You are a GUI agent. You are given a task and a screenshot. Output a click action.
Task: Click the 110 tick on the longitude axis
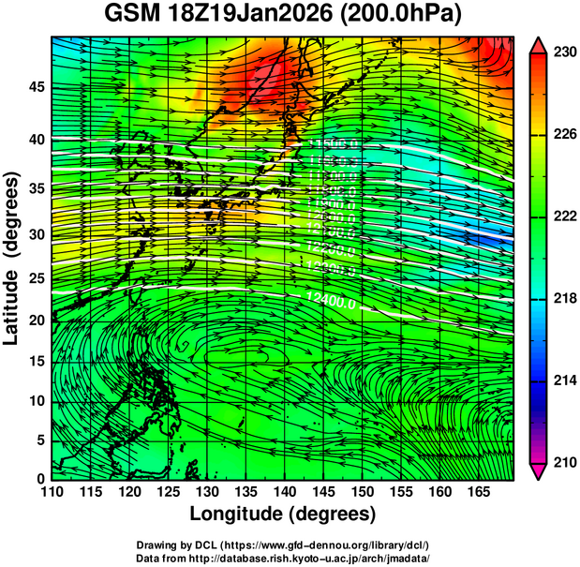tap(52, 491)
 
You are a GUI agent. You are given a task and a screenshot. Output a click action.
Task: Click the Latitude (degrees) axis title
tap(12, 258)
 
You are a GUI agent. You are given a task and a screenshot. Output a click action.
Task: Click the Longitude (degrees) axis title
tap(283, 514)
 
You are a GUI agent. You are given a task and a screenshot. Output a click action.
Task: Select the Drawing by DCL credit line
tap(283, 545)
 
